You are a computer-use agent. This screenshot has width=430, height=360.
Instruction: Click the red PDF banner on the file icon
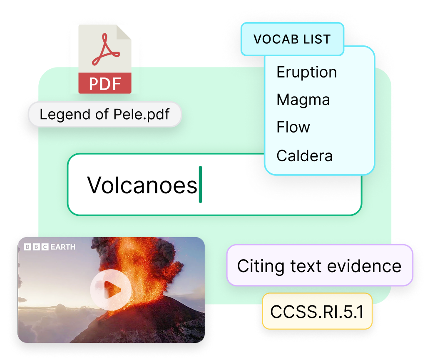(105, 83)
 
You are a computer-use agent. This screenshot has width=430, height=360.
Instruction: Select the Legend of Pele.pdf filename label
(104, 114)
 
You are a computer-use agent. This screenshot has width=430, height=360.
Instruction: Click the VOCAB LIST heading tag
(292, 39)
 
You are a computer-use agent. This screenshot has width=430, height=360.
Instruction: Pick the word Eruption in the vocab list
(306, 72)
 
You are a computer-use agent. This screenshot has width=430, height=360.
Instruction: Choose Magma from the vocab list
(303, 100)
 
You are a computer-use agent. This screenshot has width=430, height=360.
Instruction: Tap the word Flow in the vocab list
(293, 127)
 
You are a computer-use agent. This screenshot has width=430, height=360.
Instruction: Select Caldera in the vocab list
(304, 155)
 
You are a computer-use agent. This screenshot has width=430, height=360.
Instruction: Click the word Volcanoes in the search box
(142, 185)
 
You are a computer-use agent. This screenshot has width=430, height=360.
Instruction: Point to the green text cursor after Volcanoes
(200, 185)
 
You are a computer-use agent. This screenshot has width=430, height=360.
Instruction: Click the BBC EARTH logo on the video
(50, 247)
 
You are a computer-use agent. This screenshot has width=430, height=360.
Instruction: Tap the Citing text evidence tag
(319, 265)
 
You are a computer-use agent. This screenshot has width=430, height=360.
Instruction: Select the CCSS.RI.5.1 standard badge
(317, 311)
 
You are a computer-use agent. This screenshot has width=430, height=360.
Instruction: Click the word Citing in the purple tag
(258, 265)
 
